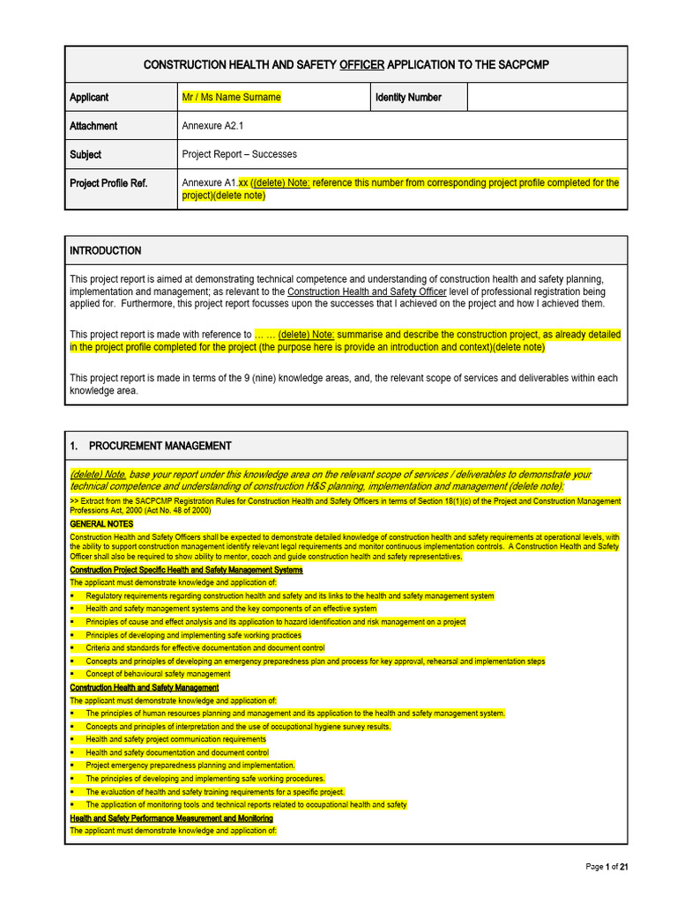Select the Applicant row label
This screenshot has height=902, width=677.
(x=89, y=98)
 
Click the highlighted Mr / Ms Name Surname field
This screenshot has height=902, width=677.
(x=231, y=98)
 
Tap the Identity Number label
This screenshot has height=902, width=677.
(x=408, y=98)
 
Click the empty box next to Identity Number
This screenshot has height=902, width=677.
(x=547, y=98)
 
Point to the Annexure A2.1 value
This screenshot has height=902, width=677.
(x=212, y=126)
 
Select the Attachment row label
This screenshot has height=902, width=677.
(x=93, y=126)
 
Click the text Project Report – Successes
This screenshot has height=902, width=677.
(x=239, y=154)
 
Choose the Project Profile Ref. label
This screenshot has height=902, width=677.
(x=108, y=183)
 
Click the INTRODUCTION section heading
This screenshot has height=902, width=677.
(x=105, y=251)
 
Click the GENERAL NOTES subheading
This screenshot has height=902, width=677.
(x=101, y=524)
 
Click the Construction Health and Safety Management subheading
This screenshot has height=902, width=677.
(x=144, y=687)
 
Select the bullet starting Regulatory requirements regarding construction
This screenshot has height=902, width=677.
(x=289, y=596)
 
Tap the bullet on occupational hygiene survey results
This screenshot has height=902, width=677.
(x=238, y=727)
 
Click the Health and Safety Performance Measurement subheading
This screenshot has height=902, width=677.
(x=171, y=818)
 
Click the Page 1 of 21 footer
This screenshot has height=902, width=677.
(x=606, y=868)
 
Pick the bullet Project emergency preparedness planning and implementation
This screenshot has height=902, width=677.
(x=190, y=765)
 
